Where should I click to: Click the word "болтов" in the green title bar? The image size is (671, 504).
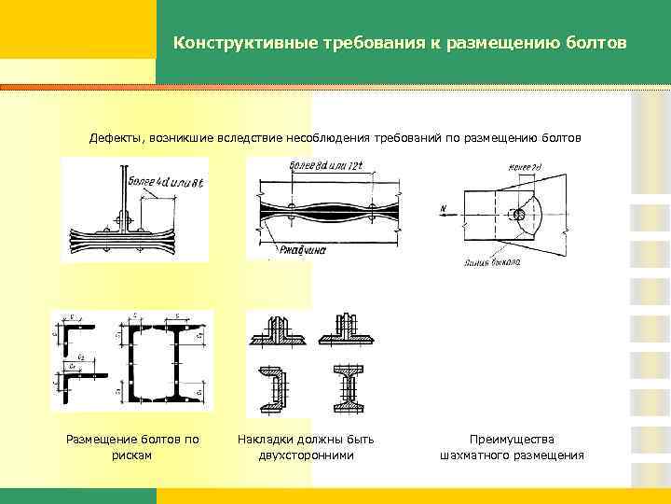coord(594,44)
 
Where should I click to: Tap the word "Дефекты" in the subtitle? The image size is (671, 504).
coord(115,137)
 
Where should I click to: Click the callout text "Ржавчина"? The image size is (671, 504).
coord(299,249)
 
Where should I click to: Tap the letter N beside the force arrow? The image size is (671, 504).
coord(445,209)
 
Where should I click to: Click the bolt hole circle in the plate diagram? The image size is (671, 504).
coord(519,215)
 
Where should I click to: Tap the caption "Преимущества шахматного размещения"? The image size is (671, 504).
coord(512,447)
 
